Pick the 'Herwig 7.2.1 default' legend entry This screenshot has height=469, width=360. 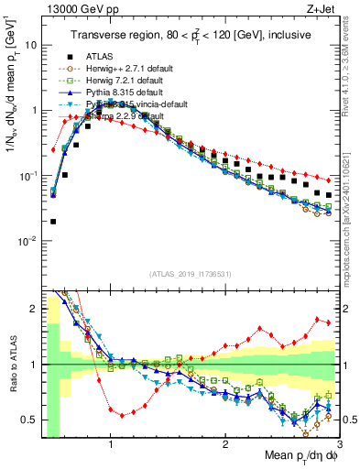119,79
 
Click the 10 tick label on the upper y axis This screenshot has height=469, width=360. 29,44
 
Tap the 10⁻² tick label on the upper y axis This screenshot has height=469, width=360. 27,241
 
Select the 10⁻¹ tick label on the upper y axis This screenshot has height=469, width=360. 27,175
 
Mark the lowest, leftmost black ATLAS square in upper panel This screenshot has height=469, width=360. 53,221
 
